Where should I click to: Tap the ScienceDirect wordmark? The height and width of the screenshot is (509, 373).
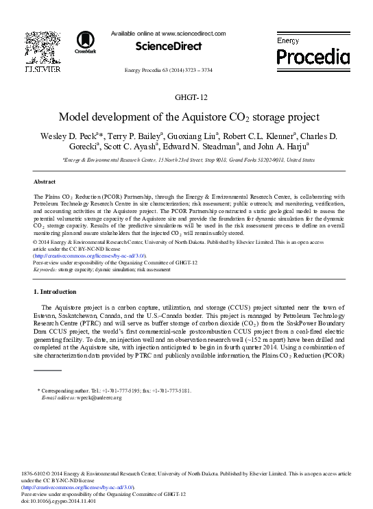tap(169, 47)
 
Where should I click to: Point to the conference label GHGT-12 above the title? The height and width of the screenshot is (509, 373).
tap(186, 98)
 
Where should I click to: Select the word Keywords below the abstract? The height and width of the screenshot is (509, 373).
tap(45, 270)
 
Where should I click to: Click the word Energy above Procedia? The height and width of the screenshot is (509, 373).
tap(288, 41)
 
